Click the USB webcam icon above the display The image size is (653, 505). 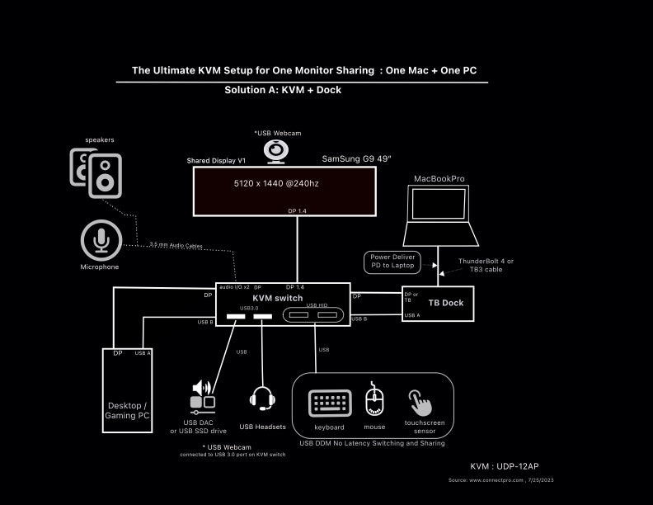click(x=275, y=151)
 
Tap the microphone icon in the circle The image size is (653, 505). click(x=101, y=240)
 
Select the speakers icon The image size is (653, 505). click(x=96, y=172)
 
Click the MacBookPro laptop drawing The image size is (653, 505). click(x=440, y=215)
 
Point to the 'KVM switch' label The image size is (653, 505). click(x=277, y=298)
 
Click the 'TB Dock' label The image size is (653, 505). click(x=446, y=303)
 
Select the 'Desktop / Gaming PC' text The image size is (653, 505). click(x=127, y=410)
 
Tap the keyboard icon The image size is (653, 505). click(x=330, y=404)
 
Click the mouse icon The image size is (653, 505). click(x=374, y=401)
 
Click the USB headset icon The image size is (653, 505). click(x=262, y=399)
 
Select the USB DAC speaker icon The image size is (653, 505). click(x=203, y=395)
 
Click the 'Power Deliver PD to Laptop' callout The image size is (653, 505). click(x=392, y=262)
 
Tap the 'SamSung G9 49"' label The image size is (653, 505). click(x=355, y=158)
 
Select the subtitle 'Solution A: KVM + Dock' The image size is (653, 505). click(x=283, y=90)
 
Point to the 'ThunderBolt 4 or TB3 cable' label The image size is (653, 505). click(x=486, y=265)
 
